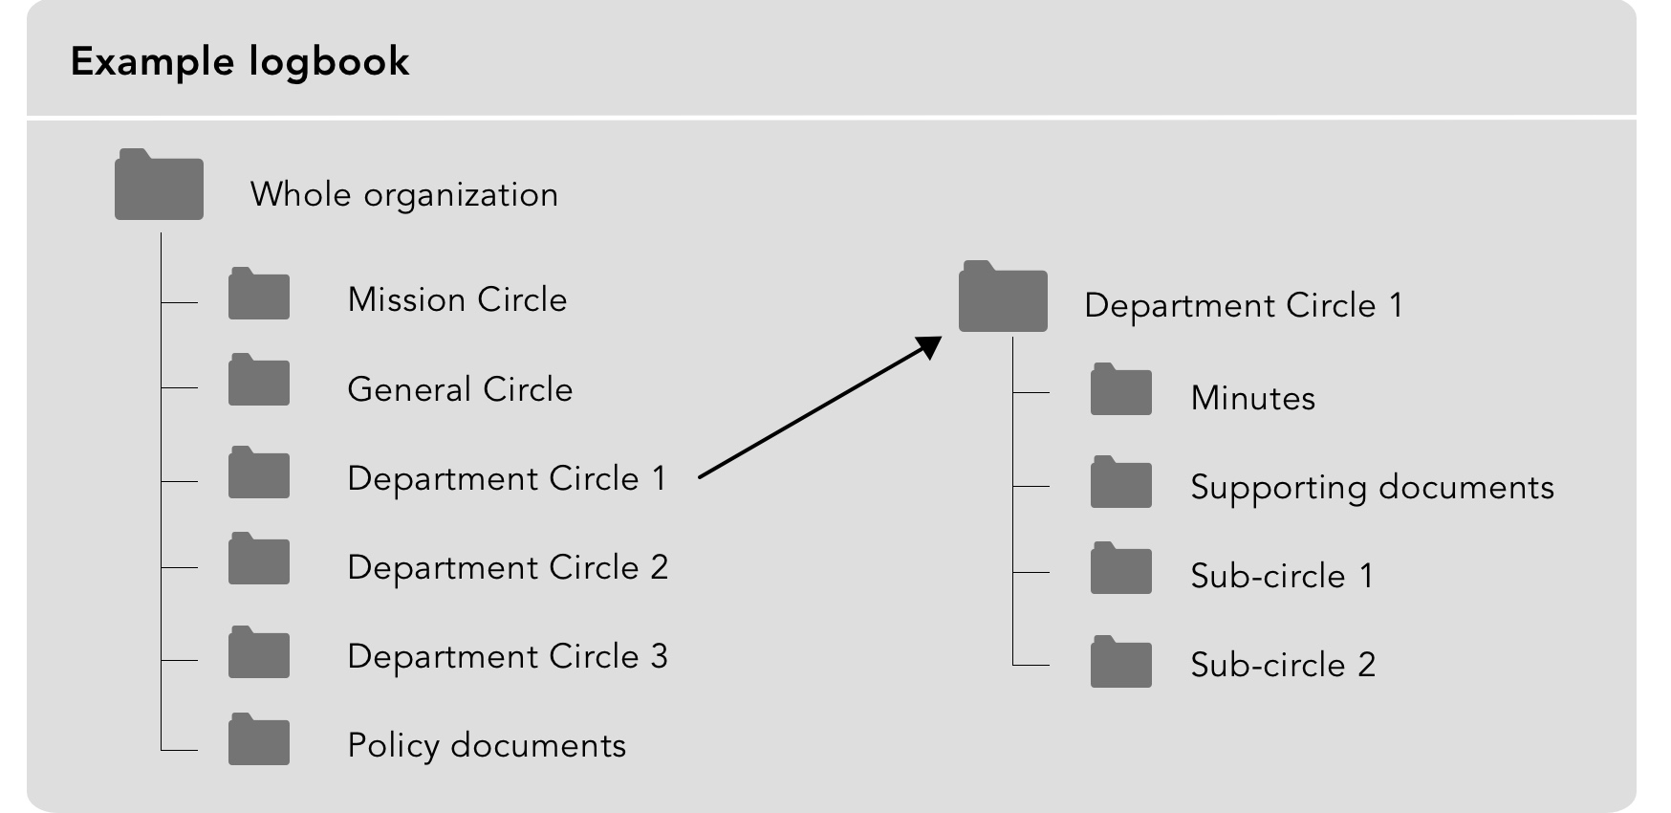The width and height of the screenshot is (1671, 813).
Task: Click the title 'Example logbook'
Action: (x=240, y=62)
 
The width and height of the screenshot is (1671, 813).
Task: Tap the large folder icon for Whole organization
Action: (x=159, y=185)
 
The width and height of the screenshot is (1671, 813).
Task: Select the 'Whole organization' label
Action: (x=404, y=195)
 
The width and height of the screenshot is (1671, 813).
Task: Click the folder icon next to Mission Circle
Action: (x=259, y=294)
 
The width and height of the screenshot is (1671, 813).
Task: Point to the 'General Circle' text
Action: (x=460, y=389)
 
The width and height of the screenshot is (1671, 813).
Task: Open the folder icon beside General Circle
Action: (x=259, y=380)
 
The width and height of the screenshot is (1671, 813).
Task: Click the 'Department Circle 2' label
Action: (x=508, y=567)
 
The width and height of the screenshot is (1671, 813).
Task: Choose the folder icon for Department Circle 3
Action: (x=259, y=652)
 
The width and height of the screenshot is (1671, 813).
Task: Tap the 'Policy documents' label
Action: (x=487, y=746)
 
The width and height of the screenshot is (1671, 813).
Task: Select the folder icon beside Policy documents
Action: (x=259, y=739)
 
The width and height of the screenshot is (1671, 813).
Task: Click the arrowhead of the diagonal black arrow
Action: (x=930, y=345)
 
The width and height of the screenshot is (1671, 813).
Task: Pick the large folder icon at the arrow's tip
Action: (x=1003, y=297)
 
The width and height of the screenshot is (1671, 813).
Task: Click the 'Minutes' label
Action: (x=1253, y=398)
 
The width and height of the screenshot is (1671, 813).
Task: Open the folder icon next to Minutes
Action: (x=1121, y=389)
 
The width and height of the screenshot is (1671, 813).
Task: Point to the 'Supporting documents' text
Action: (x=1373, y=488)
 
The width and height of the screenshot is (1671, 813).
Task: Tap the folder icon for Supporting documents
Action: (x=1121, y=482)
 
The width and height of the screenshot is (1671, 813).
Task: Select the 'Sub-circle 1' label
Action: (x=1282, y=576)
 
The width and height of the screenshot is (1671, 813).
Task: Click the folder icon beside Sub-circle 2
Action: (x=1121, y=662)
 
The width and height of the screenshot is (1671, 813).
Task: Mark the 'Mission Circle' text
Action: (x=457, y=299)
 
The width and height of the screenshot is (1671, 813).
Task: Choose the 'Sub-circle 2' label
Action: (x=1283, y=665)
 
